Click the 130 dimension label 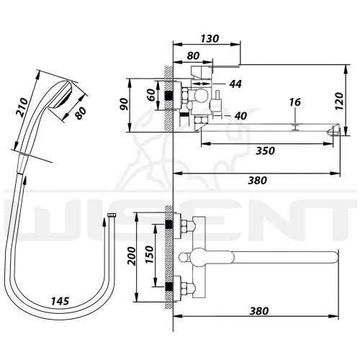(210, 38)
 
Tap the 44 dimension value (235, 84)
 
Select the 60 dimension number (151, 95)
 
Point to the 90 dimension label (125, 104)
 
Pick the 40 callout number (240, 116)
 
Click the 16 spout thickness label (294, 102)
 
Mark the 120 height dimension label (340, 101)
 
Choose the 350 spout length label (265, 151)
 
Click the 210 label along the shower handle (22, 107)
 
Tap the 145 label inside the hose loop (60, 301)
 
